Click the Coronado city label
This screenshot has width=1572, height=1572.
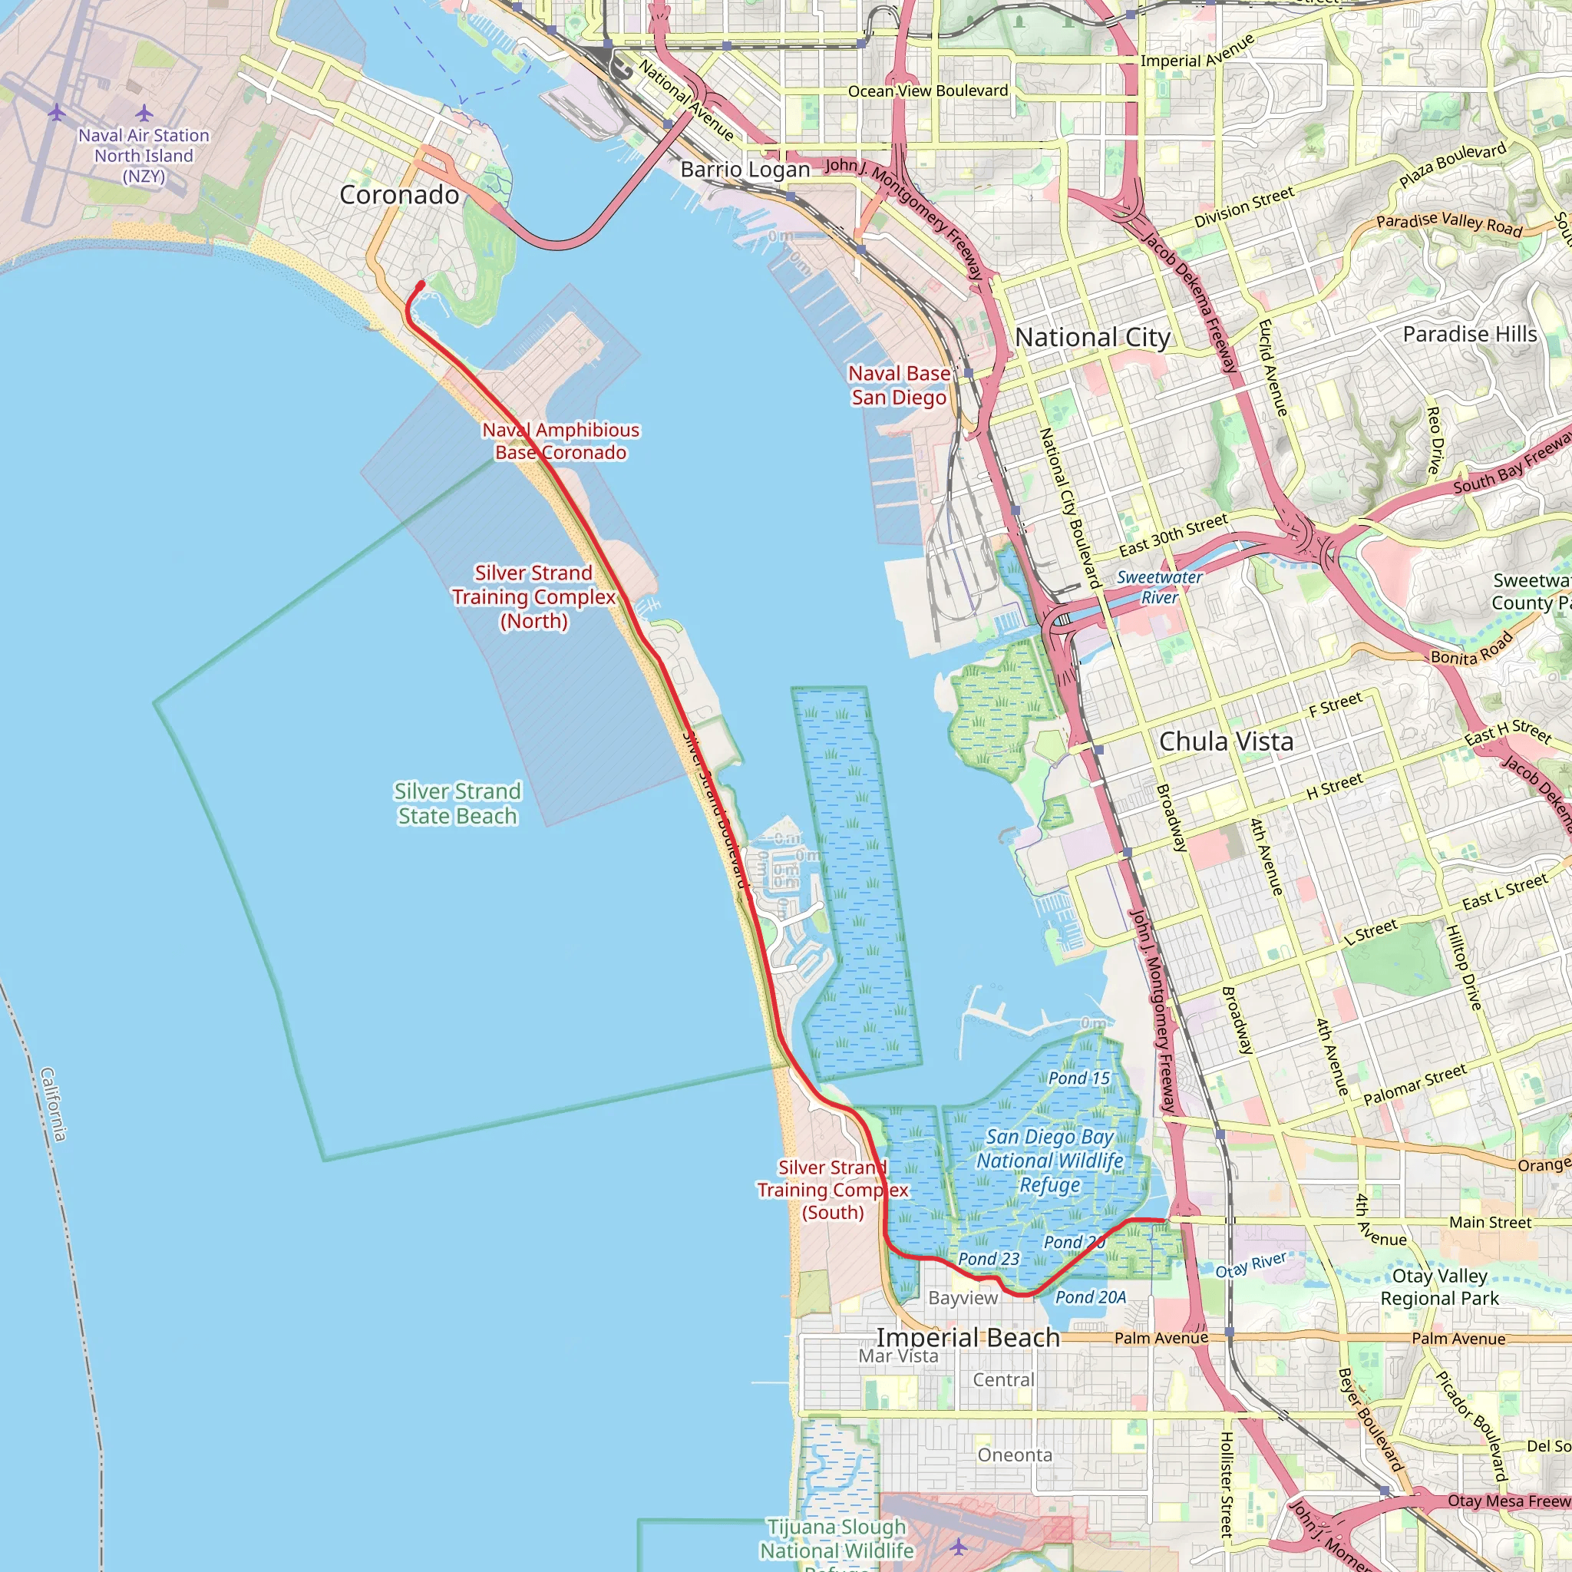pos(398,195)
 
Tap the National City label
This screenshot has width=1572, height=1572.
pos(1093,337)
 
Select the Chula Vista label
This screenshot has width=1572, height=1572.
pos(1225,741)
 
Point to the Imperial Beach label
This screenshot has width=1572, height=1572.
pos(968,1338)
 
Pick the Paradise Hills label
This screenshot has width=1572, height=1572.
pos(1469,335)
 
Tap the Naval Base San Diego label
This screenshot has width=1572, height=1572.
pos(898,385)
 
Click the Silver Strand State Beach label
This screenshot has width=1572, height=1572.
pos(457,804)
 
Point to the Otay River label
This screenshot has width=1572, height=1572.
pos(1251,1264)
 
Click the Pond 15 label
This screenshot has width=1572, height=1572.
pos(1079,1078)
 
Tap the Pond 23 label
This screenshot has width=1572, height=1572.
pos(989,1259)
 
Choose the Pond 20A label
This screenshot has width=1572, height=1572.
pos(1090,1297)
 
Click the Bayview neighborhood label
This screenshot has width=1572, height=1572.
pos(963,1298)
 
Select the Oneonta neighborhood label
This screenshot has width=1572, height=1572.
pos(1015,1455)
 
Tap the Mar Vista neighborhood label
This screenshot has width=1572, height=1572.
pos(898,1356)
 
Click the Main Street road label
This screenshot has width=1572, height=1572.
pos(1490,1222)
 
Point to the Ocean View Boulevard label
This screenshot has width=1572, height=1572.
pos(927,91)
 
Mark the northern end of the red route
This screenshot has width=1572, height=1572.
pos(421,284)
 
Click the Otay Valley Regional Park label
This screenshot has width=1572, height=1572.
pos(1439,1286)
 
